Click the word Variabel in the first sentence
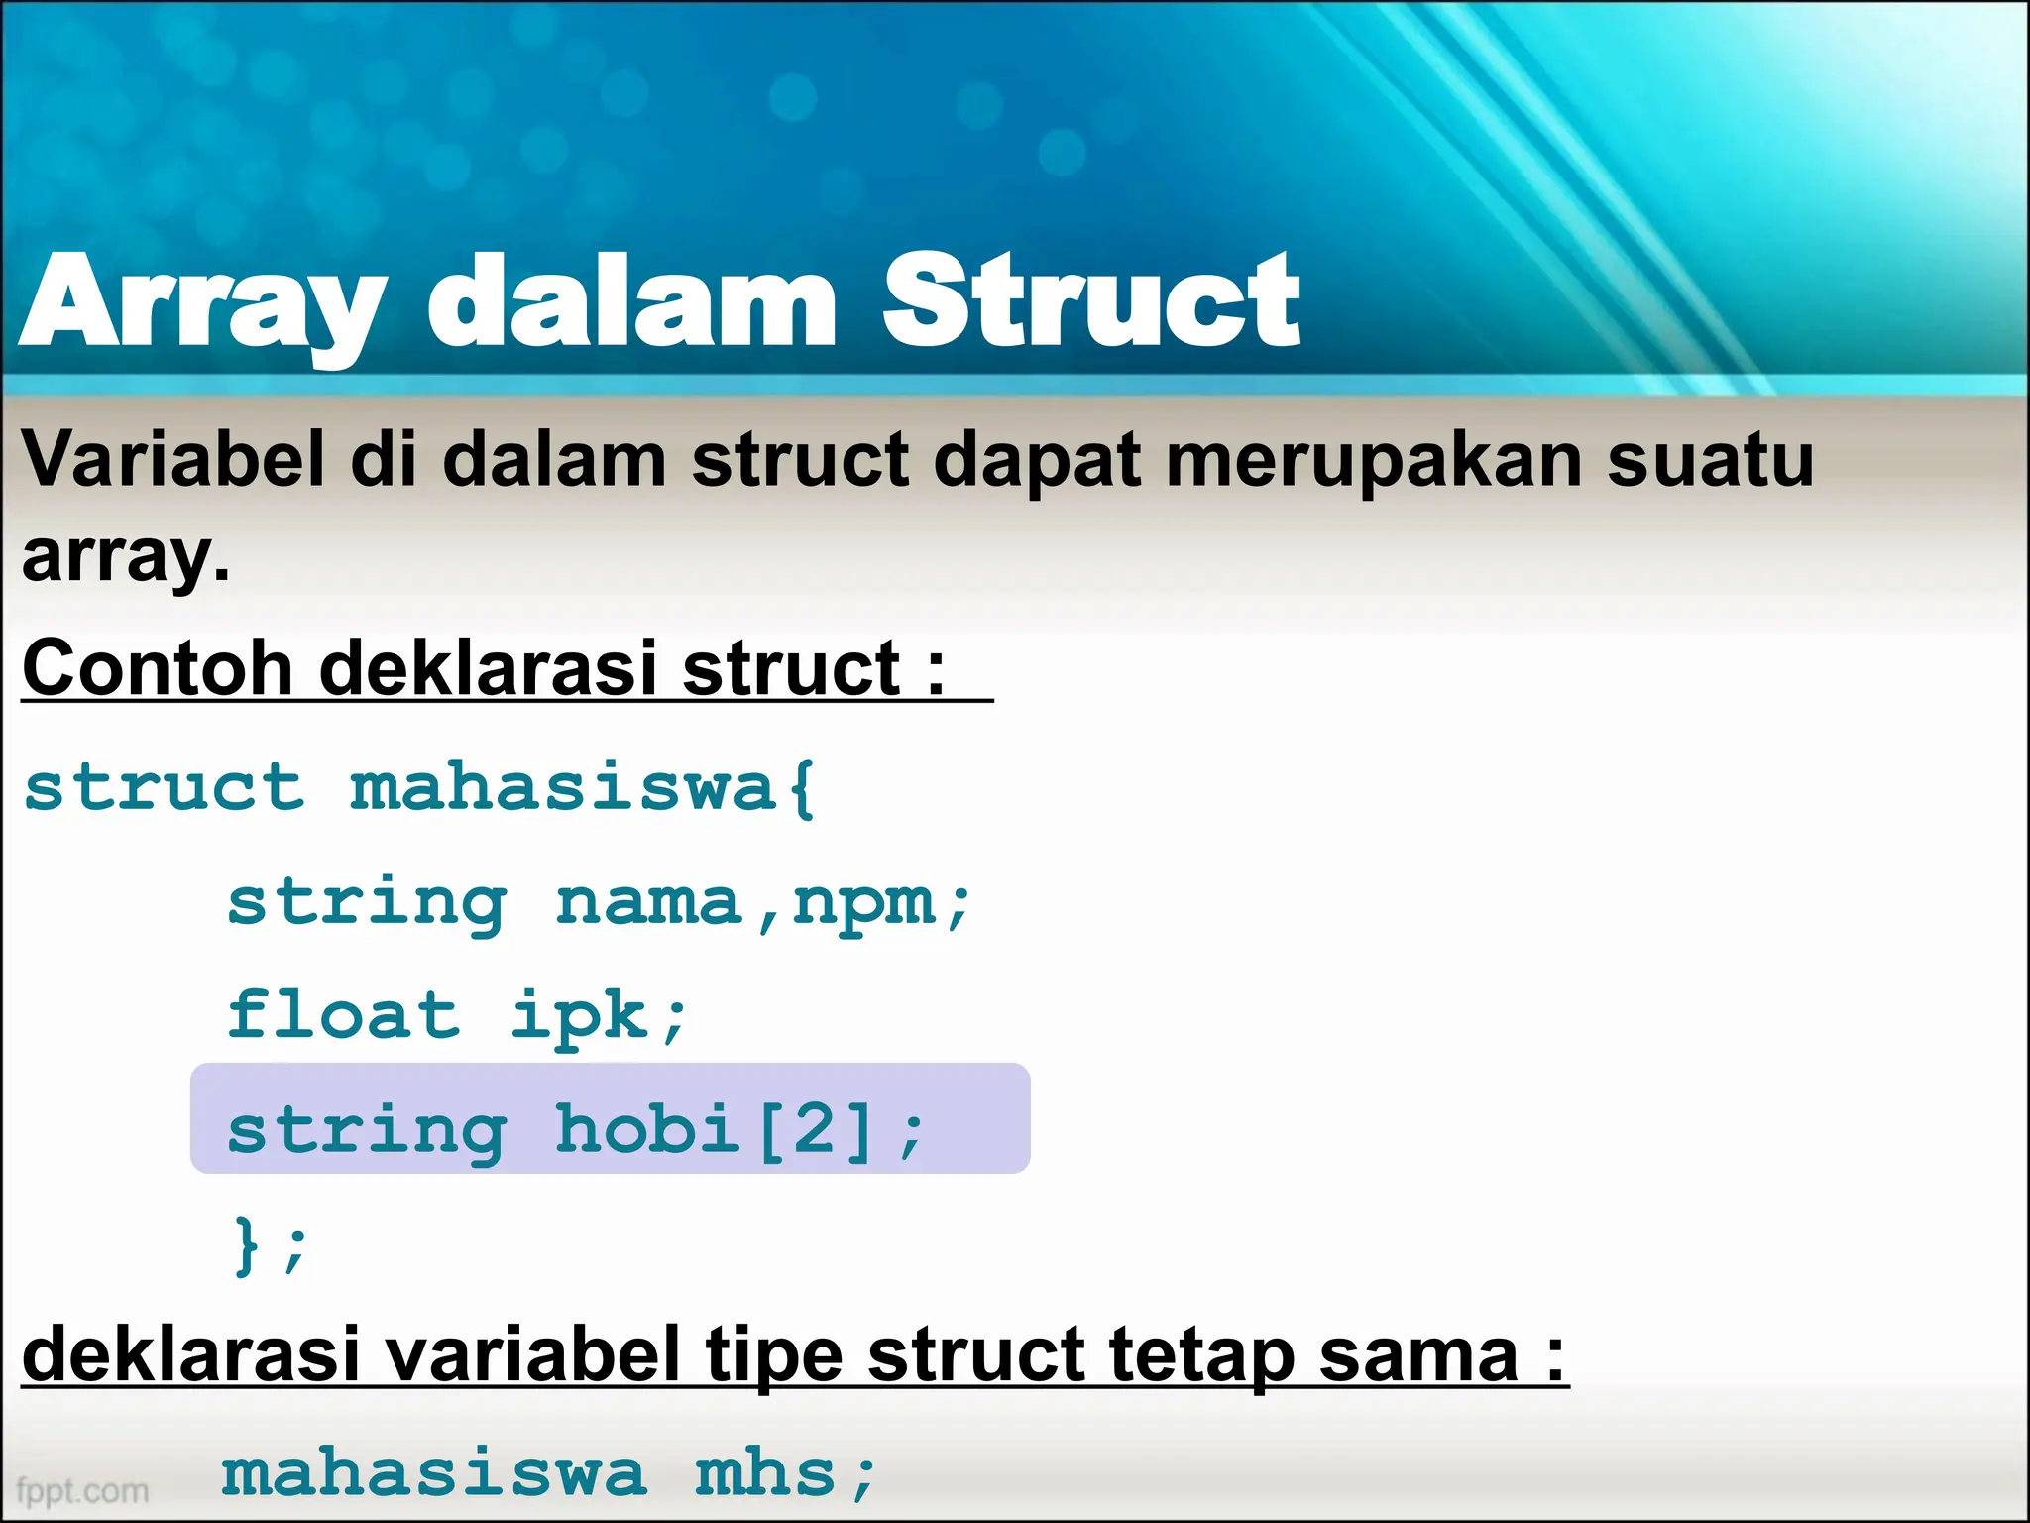click(x=173, y=460)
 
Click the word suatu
click(x=1710, y=462)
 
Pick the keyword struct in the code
click(x=164, y=788)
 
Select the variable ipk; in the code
click(x=599, y=1017)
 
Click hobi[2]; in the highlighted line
click(x=739, y=1130)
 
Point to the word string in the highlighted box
click(x=367, y=1130)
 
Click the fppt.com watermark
click(x=83, y=1490)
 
